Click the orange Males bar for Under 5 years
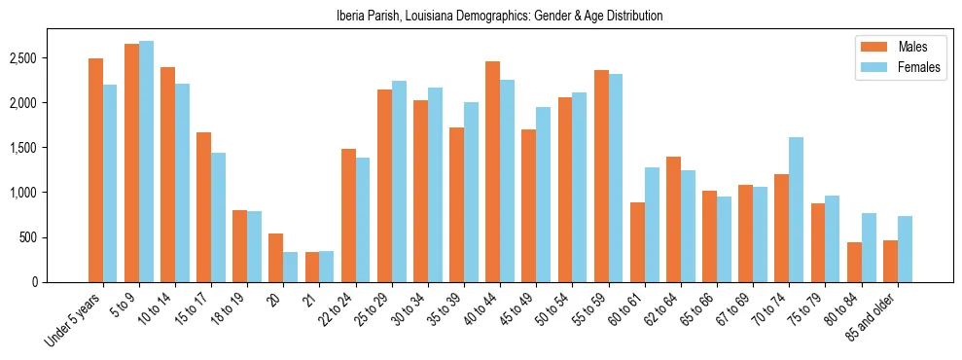(x=95, y=170)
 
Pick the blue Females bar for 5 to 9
(x=146, y=162)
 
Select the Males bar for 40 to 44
(x=492, y=171)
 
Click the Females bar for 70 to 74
(x=796, y=209)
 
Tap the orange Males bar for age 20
(x=275, y=258)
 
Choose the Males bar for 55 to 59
(x=600, y=176)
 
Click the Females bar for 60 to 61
(x=651, y=225)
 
